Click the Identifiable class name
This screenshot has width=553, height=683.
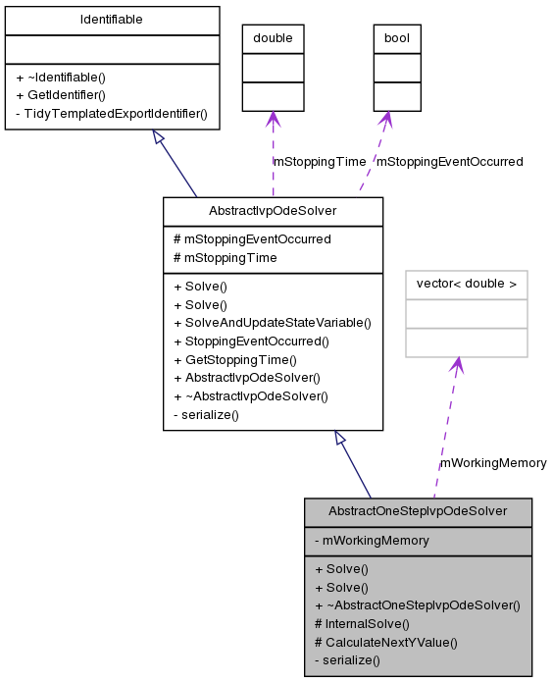(x=111, y=21)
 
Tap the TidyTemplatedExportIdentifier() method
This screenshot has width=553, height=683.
(x=112, y=113)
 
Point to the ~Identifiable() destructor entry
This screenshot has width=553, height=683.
(x=61, y=77)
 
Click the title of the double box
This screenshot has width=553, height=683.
(x=274, y=38)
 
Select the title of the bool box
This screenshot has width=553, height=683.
(x=397, y=38)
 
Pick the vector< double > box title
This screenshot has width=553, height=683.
(x=466, y=285)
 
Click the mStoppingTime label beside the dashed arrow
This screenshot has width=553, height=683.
(x=319, y=161)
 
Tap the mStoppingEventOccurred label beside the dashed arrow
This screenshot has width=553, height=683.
(x=449, y=161)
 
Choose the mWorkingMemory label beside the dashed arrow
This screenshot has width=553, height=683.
(x=492, y=462)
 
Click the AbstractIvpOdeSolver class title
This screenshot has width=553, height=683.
(x=272, y=211)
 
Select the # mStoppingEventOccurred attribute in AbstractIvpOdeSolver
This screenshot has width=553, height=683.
(x=252, y=238)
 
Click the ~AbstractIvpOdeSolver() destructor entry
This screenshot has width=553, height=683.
(x=250, y=395)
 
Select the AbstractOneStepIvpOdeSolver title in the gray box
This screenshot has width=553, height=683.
(x=418, y=511)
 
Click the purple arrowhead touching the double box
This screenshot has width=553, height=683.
(x=274, y=120)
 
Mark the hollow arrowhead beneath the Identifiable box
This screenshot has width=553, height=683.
(x=159, y=138)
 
